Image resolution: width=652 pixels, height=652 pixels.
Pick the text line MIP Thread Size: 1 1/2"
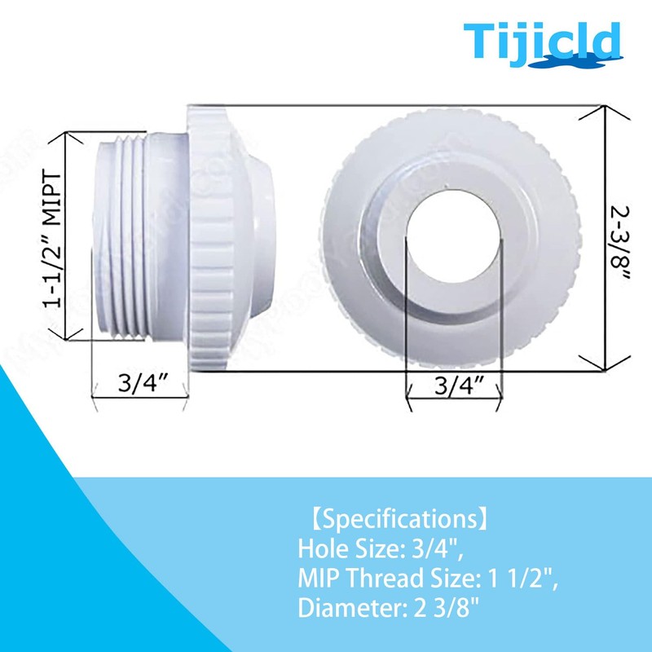pyautogui.click(x=427, y=579)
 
